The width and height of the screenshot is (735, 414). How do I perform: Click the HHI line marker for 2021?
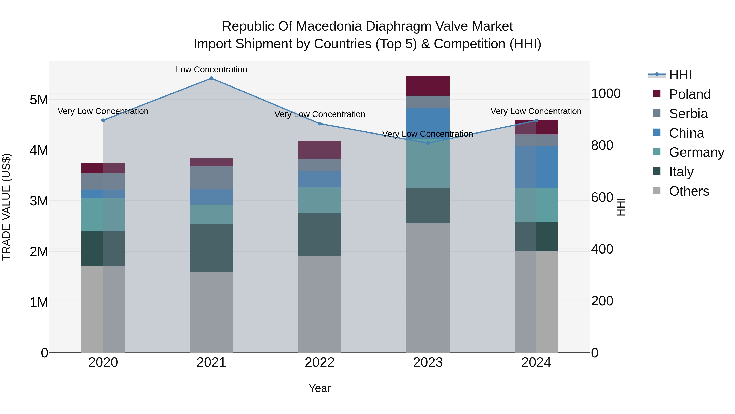tap(211, 78)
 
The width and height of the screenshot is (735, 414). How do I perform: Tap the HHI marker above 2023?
tap(428, 143)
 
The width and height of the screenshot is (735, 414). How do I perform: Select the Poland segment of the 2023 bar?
tap(428, 86)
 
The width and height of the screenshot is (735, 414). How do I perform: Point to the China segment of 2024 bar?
tap(536, 167)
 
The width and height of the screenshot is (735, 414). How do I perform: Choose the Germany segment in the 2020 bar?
tap(103, 215)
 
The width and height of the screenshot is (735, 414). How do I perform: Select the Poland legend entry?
tap(689, 94)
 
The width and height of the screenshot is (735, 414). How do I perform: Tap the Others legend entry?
tap(689, 191)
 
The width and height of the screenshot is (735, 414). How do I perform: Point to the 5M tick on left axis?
tap(39, 100)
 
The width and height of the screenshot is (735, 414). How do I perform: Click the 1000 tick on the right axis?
tap(606, 93)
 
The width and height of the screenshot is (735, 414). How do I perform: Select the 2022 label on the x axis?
tap(320, 362)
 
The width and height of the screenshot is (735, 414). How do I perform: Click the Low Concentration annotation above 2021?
tap(211, 70)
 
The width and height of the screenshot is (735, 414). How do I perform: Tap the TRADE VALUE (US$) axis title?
tap(6, 207)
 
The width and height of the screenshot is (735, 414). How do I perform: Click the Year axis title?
tap(320, 388)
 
